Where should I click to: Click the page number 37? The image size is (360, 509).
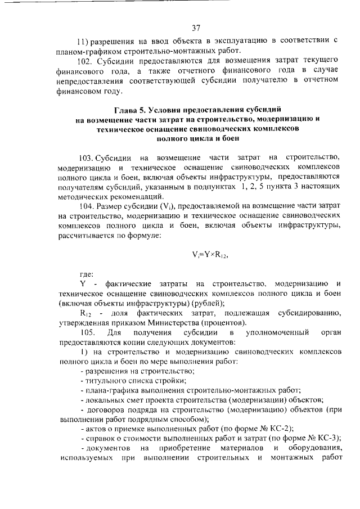pyautogui.click(x=196, y=27)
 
